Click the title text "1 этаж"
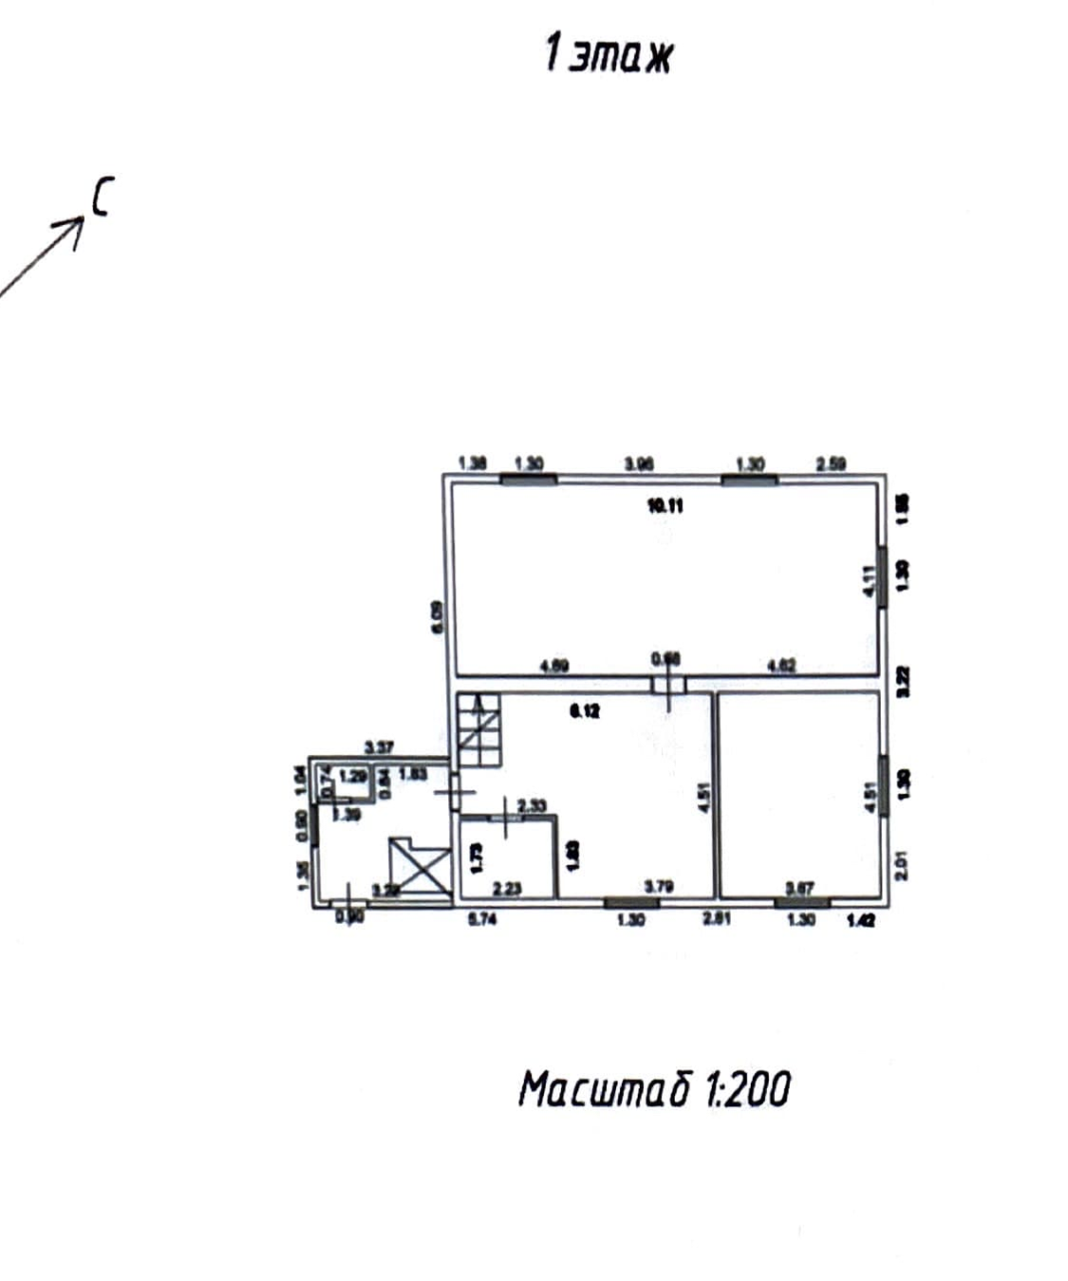[x=609, y=55]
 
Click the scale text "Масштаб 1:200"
[x=654, y=1089]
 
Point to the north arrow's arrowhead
[x=77, y=224]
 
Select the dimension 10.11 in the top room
[x=665, y=505]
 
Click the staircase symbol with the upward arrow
[x=478, y=731]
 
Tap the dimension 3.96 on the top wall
[x=639, y=463]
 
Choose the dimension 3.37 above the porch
[x=380, y=748]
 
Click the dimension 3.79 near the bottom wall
[x=659, y=887]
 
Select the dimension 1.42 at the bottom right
[x=861, y=919]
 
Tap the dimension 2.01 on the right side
[x=902, y=865]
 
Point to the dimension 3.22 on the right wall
[x=903, y=682]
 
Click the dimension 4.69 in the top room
[x=554, y=666]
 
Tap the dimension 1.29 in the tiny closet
[x=353, y=776]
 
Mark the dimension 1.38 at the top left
[x=472, y=463]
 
